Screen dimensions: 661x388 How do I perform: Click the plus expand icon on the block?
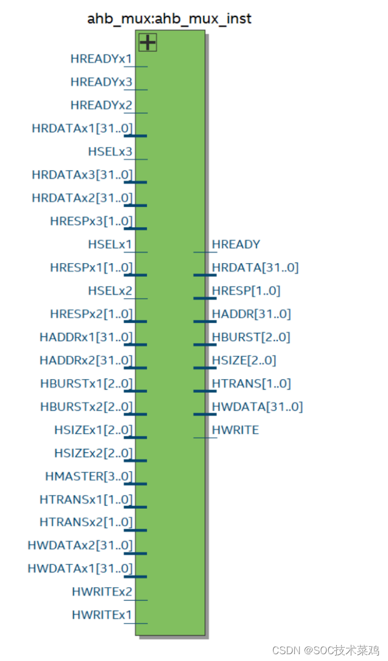(148, 42)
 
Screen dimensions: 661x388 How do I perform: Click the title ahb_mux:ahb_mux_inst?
(169, 19)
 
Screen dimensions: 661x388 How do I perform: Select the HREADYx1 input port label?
(101, 59)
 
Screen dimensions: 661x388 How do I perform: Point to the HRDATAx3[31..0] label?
(82, 175)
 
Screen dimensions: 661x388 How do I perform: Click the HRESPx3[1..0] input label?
(91, 221)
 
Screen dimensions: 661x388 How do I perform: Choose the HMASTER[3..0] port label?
(89, 476)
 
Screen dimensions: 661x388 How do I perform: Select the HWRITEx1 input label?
(102, 615)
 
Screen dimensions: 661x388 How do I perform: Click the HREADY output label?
(236, 244)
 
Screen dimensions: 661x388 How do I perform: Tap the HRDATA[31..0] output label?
(255, 268)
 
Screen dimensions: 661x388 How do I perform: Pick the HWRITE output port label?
(235, 430)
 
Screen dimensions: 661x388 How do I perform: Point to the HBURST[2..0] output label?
(251, 337)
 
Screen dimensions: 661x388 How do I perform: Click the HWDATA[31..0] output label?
(257, 406)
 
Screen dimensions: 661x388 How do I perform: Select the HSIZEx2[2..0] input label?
(93, 453)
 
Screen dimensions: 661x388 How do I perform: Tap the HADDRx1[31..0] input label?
(86, 337)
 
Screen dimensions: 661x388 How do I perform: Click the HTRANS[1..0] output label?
(251, 384)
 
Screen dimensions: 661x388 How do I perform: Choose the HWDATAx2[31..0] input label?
(80, 546)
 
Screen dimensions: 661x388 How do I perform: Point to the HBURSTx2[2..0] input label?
(86, 407)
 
